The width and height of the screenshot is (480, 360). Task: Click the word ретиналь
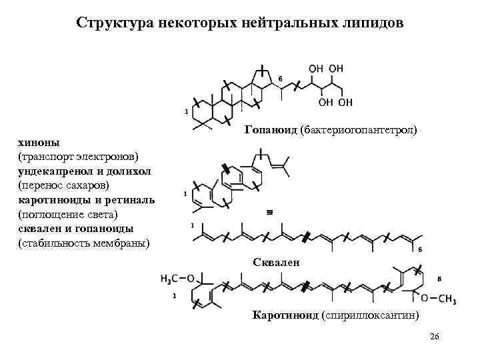point(132,199)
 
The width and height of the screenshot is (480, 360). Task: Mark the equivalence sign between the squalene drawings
point(270,212)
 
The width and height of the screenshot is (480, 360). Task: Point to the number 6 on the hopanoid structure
point(281,79)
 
